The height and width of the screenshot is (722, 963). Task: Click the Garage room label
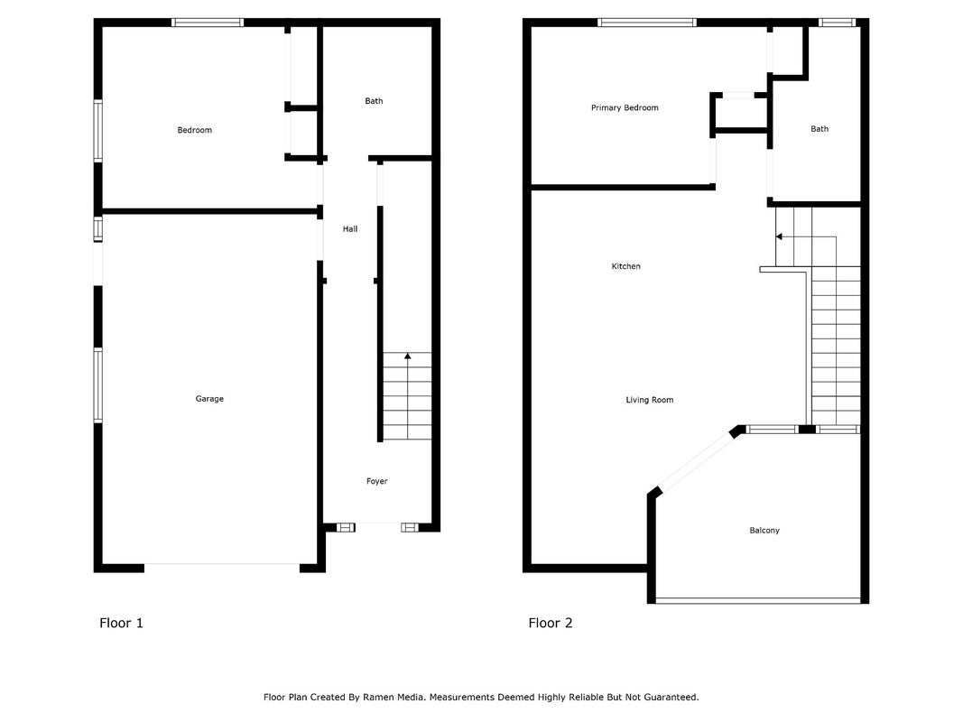209,399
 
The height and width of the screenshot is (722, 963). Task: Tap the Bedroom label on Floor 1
195,130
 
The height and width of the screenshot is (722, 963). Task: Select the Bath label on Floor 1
374,101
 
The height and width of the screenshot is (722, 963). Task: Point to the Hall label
350,229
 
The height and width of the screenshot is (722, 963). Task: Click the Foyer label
377,481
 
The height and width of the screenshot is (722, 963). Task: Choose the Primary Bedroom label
625,108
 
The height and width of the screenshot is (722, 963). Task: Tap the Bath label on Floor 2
819,129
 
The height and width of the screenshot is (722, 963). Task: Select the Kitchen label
625,266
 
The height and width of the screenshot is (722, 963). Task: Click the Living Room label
650,401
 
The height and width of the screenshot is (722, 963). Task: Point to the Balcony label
764,531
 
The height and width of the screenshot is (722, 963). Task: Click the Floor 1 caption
121,623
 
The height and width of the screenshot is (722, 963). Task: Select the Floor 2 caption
551,623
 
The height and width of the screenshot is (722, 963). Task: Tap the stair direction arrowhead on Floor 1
408,356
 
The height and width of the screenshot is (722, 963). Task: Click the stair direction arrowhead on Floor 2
779,236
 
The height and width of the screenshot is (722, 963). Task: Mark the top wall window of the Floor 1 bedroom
208,23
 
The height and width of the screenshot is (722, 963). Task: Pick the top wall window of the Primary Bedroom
647,23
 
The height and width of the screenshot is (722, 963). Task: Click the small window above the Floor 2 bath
837,23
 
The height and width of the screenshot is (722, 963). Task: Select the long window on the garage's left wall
97,385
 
